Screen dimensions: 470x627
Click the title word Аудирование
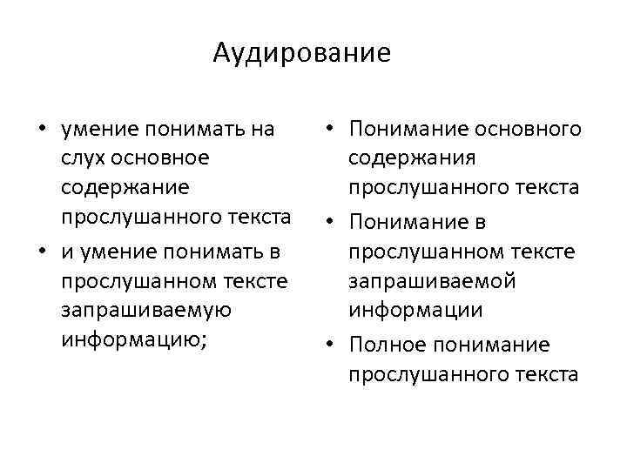point(301,54)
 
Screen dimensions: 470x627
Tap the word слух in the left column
point(81,158)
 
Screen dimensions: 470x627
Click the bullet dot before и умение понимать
point(41,253)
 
